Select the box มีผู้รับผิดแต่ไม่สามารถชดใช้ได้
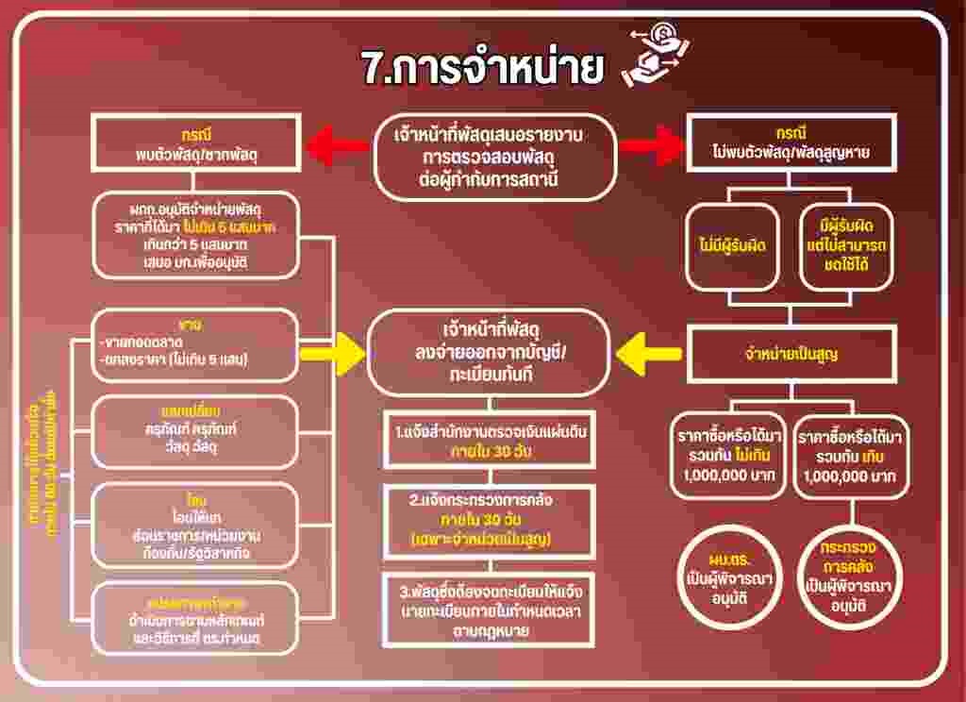coord(846,245)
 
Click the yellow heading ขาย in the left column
coord(195,325)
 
